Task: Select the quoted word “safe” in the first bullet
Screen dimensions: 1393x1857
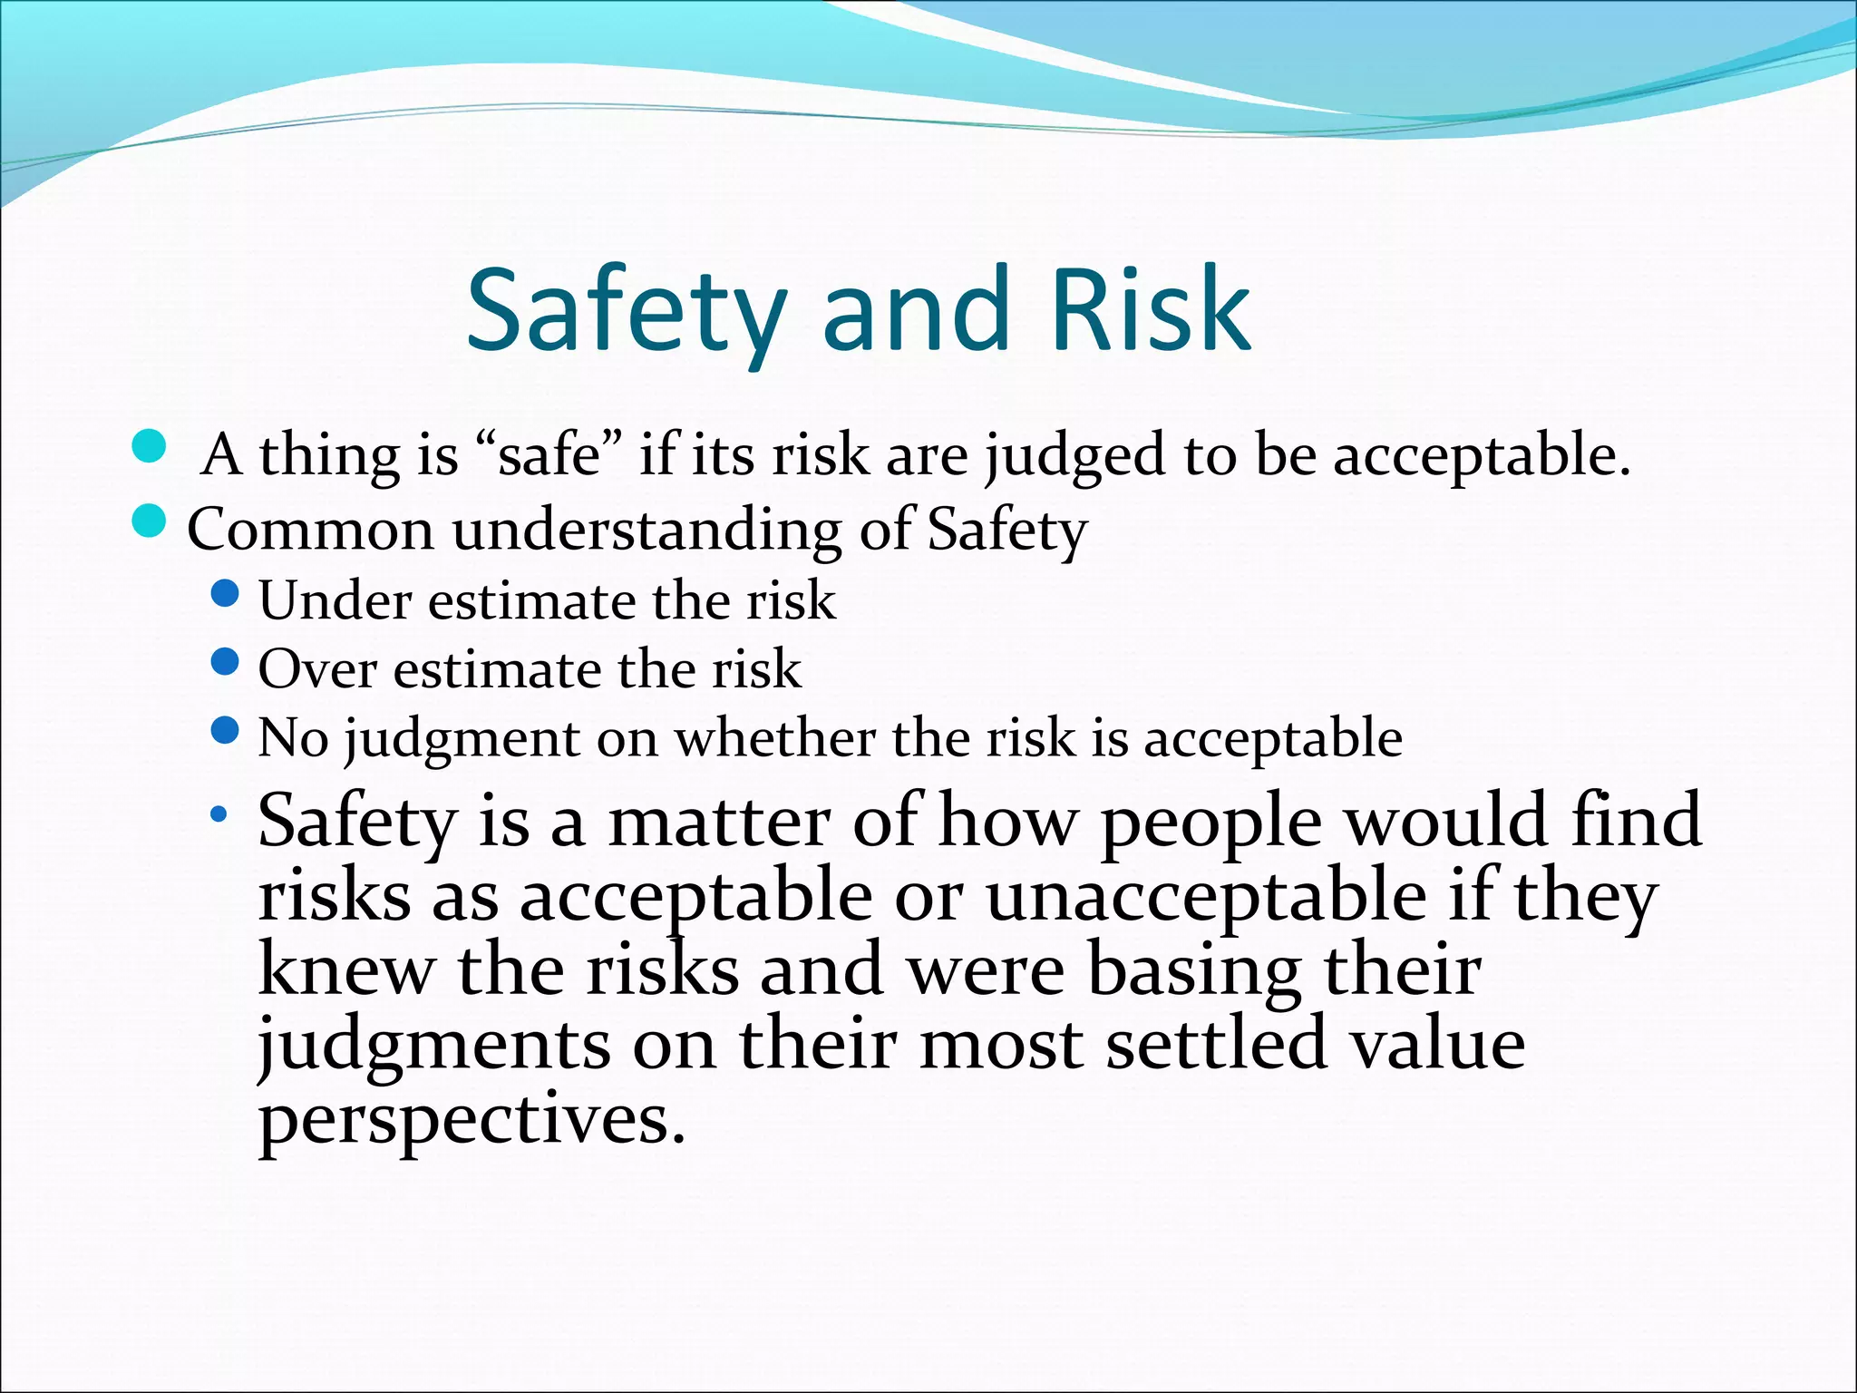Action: click(549, 454)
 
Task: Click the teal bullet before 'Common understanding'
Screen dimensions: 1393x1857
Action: click(149, 521)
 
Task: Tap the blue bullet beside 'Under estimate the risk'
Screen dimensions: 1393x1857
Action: click(224, 594)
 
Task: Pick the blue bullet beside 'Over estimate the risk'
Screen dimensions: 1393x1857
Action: click(224, 662)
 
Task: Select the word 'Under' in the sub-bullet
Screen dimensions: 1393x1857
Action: click(335, 600)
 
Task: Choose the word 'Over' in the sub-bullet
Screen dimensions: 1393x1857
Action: click(317, 669)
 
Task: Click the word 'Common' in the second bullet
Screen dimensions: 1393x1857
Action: click(310, 530)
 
